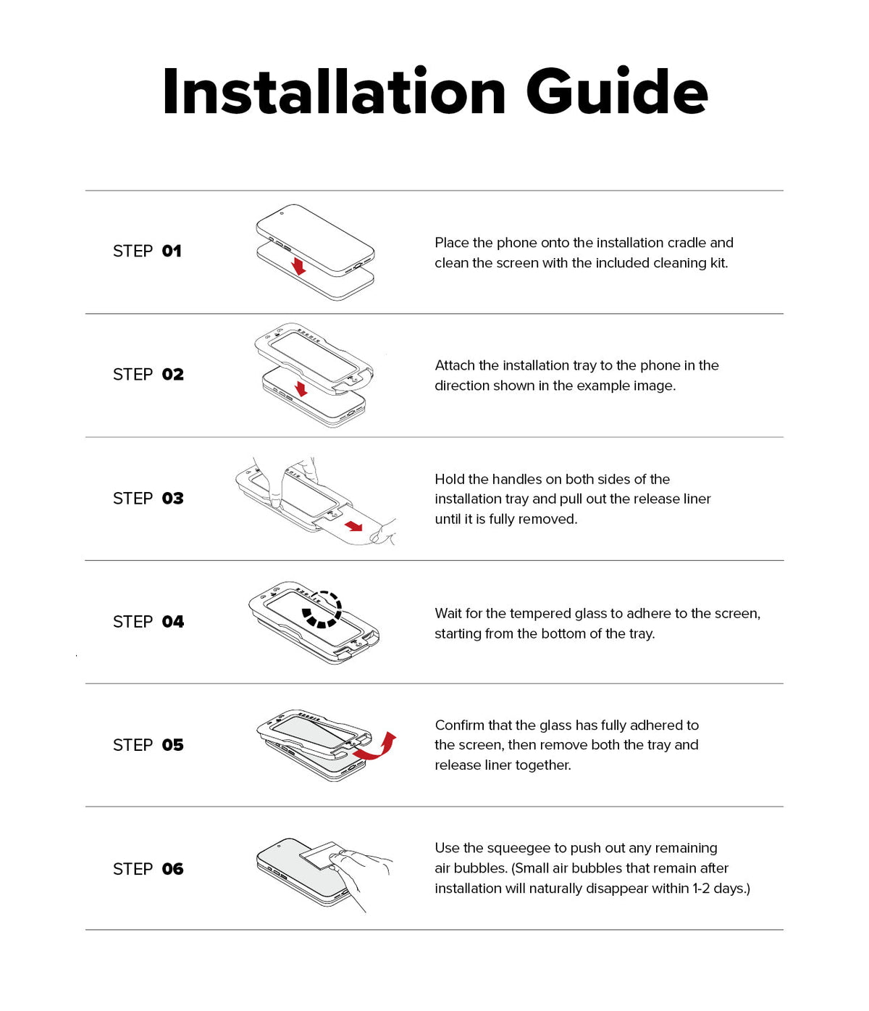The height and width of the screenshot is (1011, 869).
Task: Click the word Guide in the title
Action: tap(616, 91)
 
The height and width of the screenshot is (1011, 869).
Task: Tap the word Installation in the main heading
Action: tap(335, 91)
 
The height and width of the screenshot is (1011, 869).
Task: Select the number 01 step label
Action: tap(172, 251)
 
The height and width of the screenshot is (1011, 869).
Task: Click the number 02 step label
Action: tap(172, 375)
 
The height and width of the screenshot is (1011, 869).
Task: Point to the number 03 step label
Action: tap(172, 499)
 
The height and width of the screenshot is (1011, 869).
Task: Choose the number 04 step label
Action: tap(172, 622)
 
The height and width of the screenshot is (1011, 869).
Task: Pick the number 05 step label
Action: tap(172, 745)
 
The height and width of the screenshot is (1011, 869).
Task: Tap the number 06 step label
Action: tap(172, 869)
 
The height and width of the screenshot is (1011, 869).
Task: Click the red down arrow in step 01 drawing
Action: tap(298, 267)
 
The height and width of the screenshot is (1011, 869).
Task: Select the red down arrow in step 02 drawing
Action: tap(301, 389)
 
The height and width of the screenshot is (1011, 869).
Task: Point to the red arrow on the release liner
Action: tap(353, 526)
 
